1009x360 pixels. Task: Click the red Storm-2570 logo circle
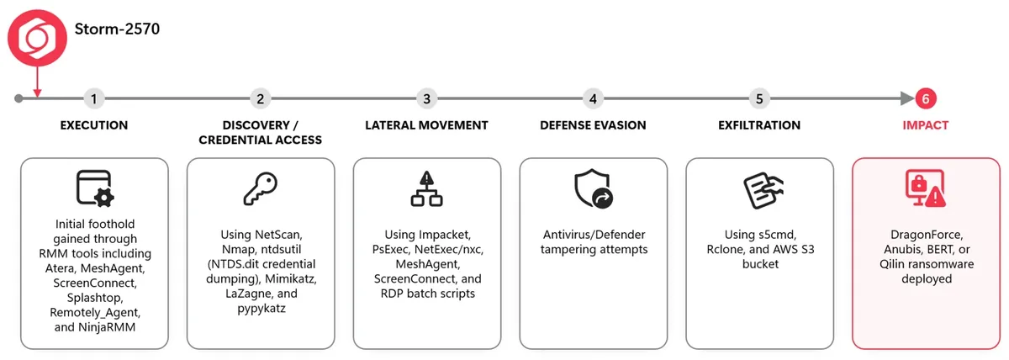(37, 38)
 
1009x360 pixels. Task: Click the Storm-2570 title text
(117, 29)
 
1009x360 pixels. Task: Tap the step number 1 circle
(93, 98)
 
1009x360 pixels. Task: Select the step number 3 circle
(426, 98)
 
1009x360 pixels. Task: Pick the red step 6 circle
(926, 98)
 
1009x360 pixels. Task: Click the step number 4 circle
(593, 98)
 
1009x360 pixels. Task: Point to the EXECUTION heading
(94, 125)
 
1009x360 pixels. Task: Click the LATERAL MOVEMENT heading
(426, 125)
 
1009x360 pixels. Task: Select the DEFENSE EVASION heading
(593, 125)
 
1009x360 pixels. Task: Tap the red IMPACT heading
(926, 125)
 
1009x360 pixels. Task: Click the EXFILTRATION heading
(759, 125)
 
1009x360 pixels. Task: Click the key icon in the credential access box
(261, 188)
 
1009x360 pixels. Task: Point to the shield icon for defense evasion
(594, 188)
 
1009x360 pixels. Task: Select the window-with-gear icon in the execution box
(95, 188)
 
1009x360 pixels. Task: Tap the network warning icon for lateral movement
(426, 188)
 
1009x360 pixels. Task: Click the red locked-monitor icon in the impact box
(926, 188)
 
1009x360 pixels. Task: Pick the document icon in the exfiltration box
(763, 190)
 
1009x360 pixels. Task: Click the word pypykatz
(261, 309)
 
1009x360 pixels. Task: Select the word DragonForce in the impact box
(927, 235)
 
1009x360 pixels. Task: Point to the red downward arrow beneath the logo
(37, 82)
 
